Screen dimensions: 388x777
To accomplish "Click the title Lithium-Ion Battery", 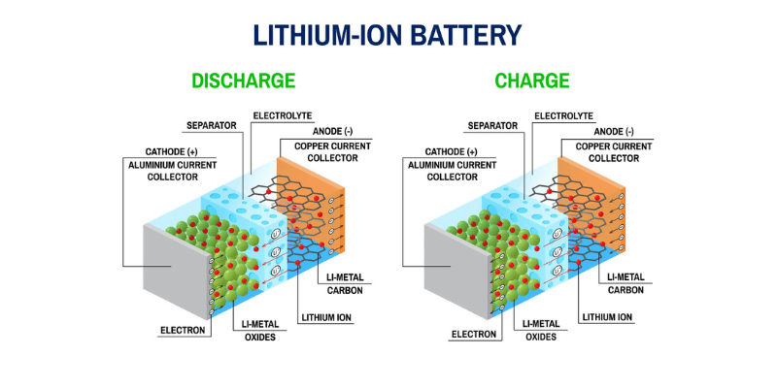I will (388, 35).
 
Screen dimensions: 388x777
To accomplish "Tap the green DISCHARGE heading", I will (243, 81).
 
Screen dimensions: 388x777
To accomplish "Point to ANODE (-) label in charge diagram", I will (611, 131).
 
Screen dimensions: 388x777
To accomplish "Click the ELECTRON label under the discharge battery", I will (183, 331).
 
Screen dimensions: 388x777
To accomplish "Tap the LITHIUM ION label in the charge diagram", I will (608, 316).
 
